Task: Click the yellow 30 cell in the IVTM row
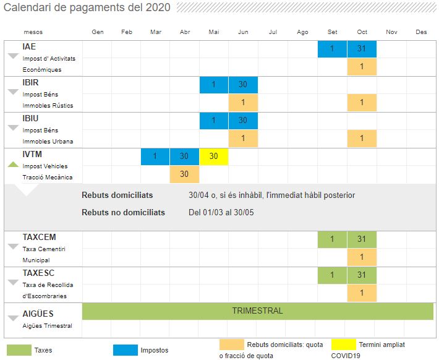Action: point(213,156)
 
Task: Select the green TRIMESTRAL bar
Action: point(257,311)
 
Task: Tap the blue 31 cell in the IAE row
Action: point(362,49)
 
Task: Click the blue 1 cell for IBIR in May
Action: point(213,85)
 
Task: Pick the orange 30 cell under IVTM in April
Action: point(184,174)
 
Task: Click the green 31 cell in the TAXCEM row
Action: point(362,239)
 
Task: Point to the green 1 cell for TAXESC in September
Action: point(332,275)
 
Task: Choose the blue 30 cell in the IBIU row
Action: point(243,121)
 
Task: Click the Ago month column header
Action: point(302,32)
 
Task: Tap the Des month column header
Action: point(421,32)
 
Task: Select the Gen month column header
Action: point(97,32)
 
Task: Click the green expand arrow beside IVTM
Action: point(13,165)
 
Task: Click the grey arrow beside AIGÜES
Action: point(13,319)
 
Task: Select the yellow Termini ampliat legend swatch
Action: point(343,345)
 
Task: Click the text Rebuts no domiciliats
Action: point(123,212)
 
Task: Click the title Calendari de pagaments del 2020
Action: point(87,7)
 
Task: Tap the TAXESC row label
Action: point(39,273)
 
